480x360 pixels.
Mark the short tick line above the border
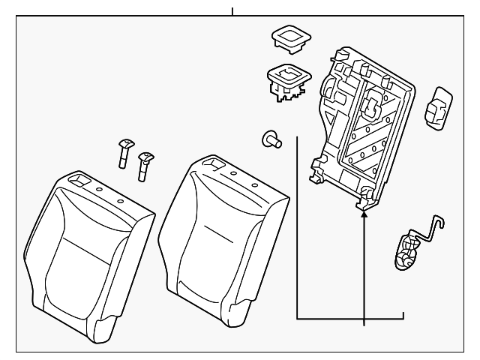click(232, 11)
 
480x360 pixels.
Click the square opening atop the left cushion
click(77, 180)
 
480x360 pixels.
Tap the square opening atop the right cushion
click(213, 162)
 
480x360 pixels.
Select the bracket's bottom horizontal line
click(349, 319)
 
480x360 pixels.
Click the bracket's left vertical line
click(297, 225)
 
